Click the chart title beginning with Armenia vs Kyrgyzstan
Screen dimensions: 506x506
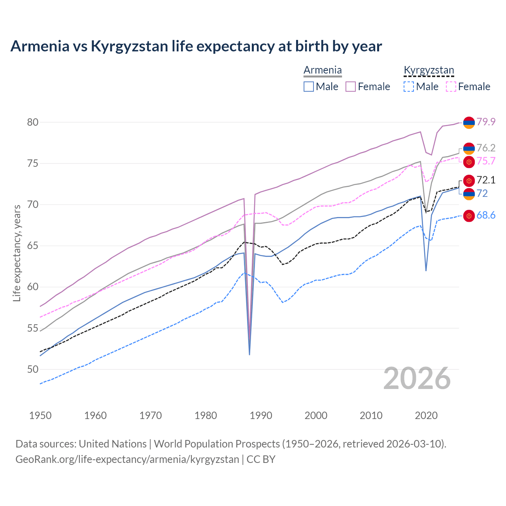tap(196, 46)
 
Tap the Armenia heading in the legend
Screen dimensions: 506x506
tap(323, 70)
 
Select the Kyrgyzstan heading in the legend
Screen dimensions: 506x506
tap(429, 70)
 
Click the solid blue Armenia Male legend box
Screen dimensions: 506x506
tap(309, 87)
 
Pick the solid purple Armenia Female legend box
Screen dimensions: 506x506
tap(351, 87)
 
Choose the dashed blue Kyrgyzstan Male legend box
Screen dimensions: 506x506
tap(409, 87)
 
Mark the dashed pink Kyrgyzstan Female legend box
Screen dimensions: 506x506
tap(451, 87)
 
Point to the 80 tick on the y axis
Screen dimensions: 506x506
tap(33, 122)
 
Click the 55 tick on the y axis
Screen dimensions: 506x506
tap(33, 328)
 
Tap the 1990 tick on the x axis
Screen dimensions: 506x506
tap(261, 415)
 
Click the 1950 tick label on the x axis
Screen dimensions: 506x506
tap(40, 415)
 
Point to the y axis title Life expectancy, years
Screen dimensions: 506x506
tap(17, 253)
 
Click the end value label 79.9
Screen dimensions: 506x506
tap(486, 122)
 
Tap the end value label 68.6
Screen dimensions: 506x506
tap(486, 215)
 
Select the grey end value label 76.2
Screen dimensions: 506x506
tap(486, 148)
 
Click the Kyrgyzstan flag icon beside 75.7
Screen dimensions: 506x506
tap(469, 161)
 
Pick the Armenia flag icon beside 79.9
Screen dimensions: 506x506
tap(469, 123)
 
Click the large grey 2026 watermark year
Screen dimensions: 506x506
tap(417, 378)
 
